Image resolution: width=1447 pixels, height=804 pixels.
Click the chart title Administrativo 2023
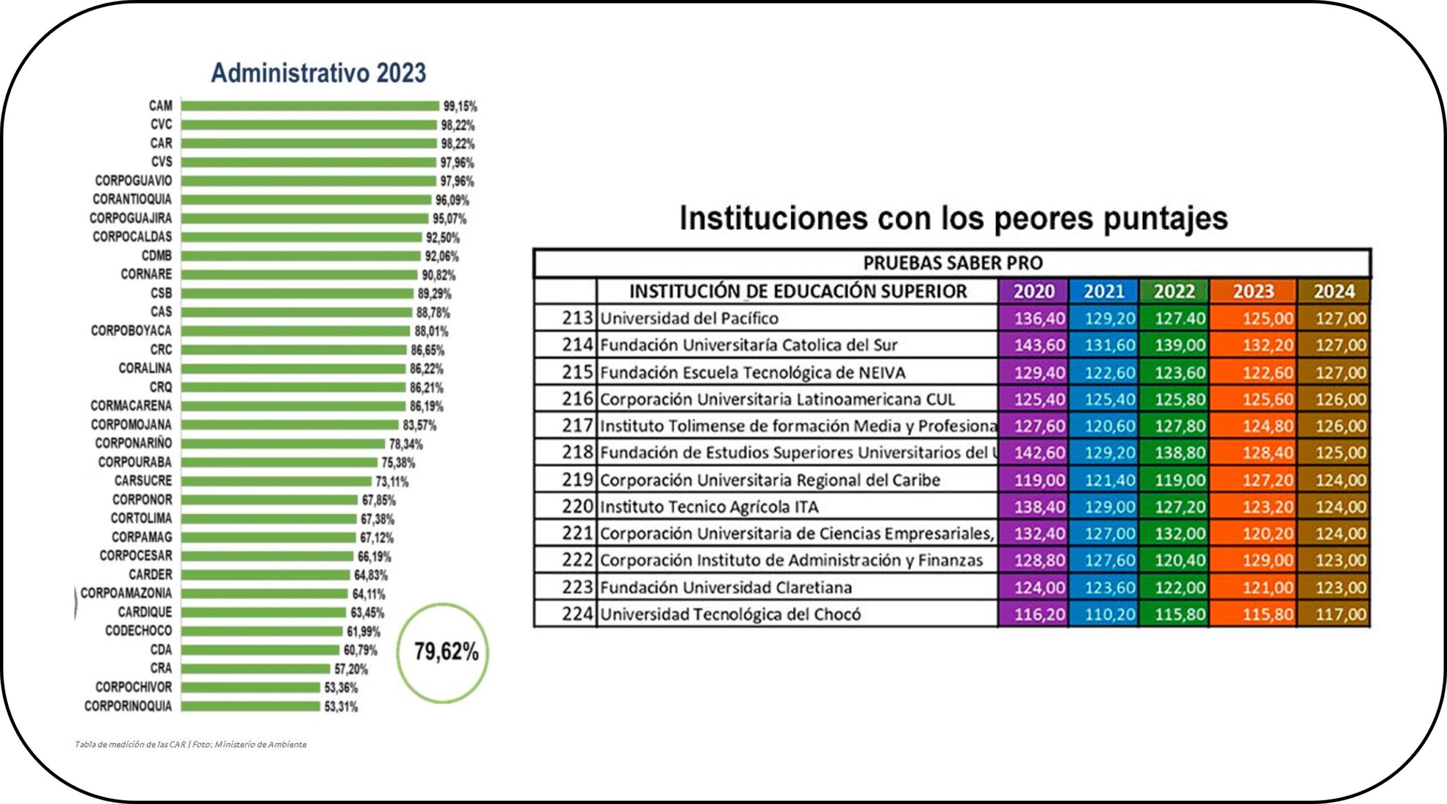coord(318,73)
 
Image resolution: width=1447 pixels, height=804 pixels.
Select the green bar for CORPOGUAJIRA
coord(305,219)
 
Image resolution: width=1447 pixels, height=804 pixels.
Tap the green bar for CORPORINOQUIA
coord(250,706)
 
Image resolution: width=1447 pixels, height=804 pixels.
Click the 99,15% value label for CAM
coord(460,106)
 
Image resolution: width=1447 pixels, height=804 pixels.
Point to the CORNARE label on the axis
coord(146,275)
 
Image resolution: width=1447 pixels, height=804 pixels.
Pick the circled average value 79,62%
coord(445,652)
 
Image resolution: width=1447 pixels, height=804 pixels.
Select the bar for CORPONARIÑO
coord(283,444)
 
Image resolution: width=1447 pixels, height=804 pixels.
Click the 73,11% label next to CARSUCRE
coord(392,482)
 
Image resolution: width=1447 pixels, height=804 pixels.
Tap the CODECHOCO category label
coord(138,631)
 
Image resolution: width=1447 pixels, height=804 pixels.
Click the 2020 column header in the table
coord(1033,292)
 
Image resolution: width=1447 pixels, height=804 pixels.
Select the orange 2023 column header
coord(1253,292)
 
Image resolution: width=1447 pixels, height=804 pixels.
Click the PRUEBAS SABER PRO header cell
coord(952,263)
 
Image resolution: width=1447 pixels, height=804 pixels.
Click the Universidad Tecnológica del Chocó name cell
coord(730,614)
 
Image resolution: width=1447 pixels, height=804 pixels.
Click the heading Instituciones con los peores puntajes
coord(953,218)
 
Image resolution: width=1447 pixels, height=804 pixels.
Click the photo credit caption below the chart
coord(190,745)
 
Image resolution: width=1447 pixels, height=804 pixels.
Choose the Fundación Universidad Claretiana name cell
coord(726,588)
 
